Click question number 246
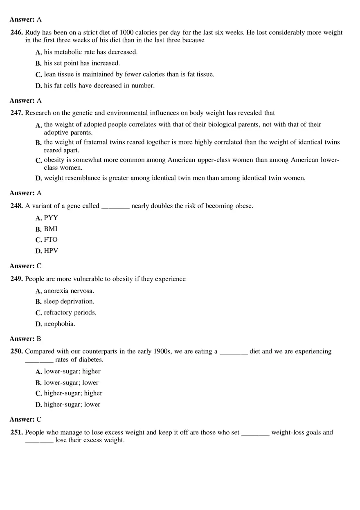click(17, 32)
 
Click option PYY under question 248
click(51, 218)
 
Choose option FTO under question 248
click(51, 240)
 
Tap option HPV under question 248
click(51, 251)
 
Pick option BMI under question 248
click(51, 229)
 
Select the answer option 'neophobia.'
click(59, 324)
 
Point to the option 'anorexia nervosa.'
click(69, 291)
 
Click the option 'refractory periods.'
click(70, 312)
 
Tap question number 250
click(17, 351)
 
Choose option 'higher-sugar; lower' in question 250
click(72, 404)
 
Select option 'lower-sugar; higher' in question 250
click(72, 371)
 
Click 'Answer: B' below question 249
click(25, 339)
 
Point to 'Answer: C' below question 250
click(25, 419)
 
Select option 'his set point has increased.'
click(82, 63)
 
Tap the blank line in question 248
click(115, 207)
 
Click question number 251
click(17, 432)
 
